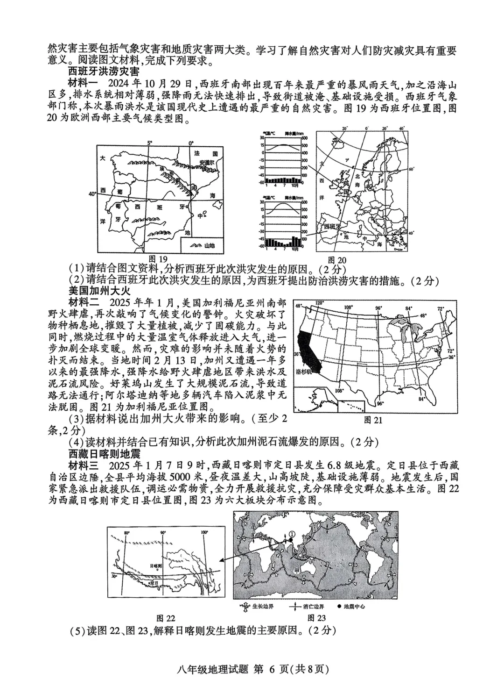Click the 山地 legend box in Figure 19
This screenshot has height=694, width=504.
click(202, 245)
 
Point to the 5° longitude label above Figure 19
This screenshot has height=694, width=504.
click(149, 142)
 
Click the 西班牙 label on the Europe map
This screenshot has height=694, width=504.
click(330, 227)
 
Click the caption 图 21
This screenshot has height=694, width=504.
click(373, 420)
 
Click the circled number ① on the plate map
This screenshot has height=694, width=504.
click(292, 533)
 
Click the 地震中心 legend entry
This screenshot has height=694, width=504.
click(354, 607)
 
